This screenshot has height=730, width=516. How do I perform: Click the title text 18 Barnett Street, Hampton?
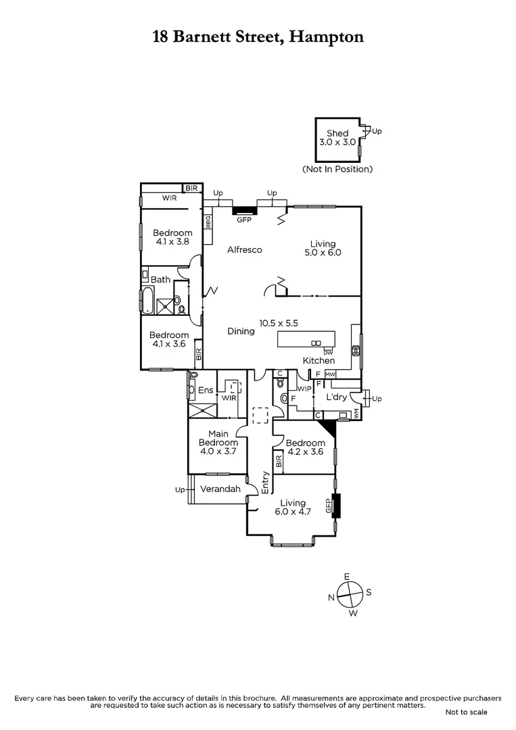[258, 36]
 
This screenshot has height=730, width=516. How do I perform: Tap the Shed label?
[337, 133]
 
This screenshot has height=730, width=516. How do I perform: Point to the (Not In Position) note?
[337, 169]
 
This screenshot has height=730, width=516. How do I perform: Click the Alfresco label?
[244, 250]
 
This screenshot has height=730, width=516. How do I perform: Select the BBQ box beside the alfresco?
[208, 220]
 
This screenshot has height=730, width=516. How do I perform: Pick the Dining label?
[241, 331]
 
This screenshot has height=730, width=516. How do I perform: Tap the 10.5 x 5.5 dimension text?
[279, 323]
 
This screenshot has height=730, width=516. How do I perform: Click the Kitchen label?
[319, 361]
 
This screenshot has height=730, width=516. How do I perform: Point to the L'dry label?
[337, 397]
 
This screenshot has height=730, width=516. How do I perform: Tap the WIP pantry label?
[304, 389]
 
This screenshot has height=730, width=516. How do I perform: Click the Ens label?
[205, 390]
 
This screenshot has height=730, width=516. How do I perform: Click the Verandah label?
[220, 489]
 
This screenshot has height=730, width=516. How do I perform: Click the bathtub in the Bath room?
[147, 300]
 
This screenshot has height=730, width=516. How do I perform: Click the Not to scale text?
[466, 712]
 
